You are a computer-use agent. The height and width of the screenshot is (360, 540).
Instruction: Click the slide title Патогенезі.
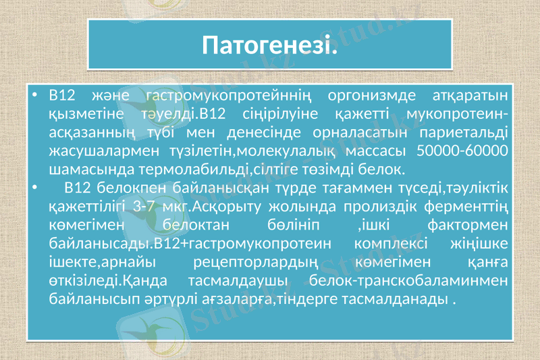coord(269,47)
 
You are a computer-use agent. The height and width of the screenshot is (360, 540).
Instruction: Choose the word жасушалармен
coord(94,149)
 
